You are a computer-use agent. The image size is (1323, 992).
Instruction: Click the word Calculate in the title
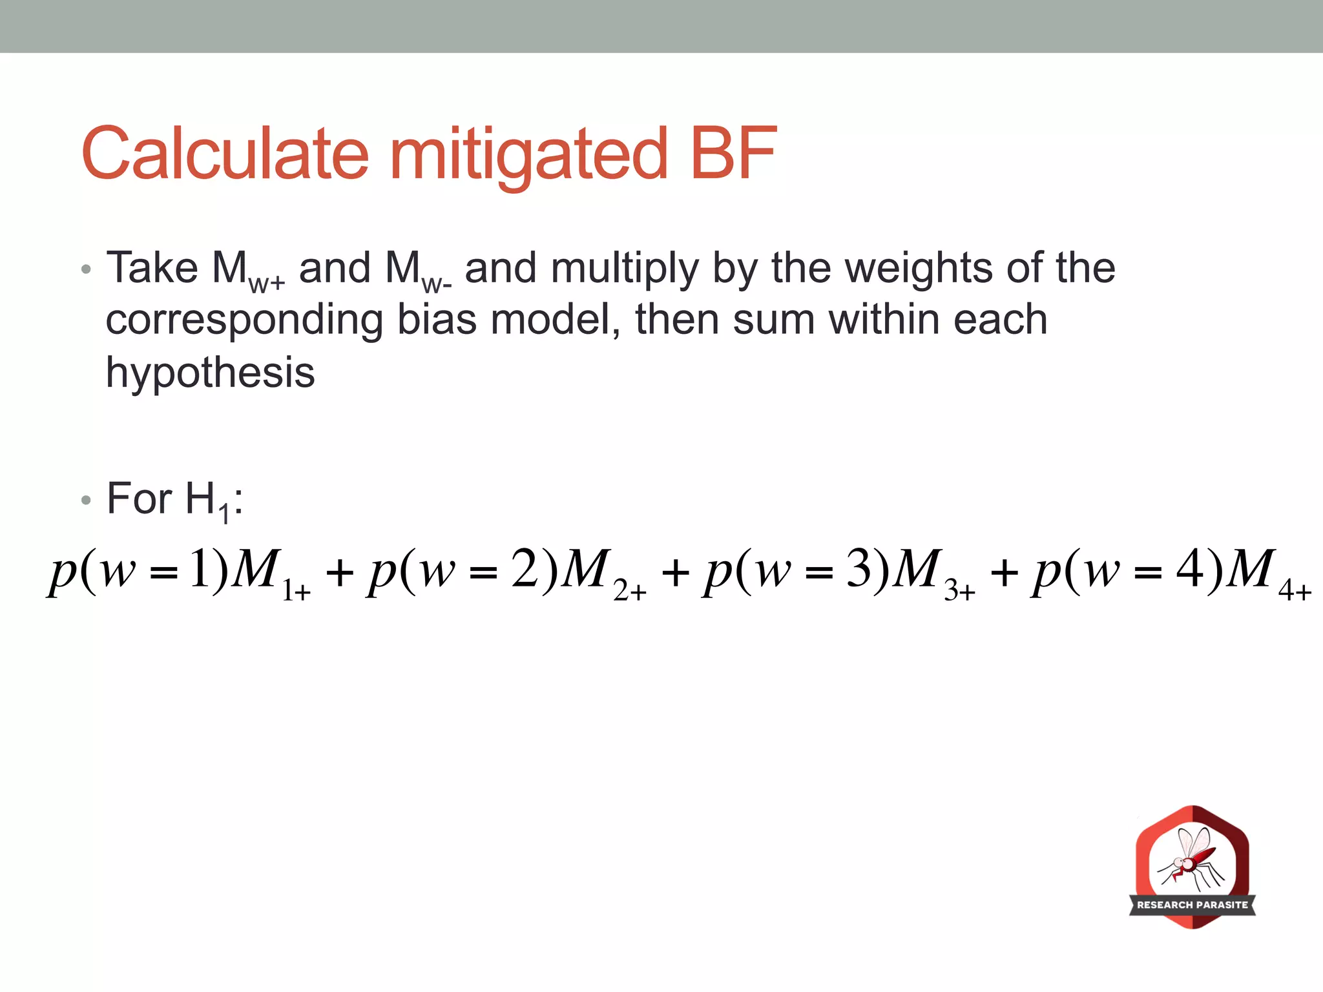pyautogui.click(x=225, y=154)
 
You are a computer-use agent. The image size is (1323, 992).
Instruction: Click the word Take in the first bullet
pyautogui.click(x=152, y=267)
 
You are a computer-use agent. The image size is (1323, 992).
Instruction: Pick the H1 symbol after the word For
pyautogui.click(x=207, y=501)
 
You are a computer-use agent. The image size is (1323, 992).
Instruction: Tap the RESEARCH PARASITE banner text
pyautogui.click(x=1193, y=905)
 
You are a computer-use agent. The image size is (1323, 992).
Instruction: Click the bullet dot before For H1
pyautogui.click(x=87, y=500)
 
